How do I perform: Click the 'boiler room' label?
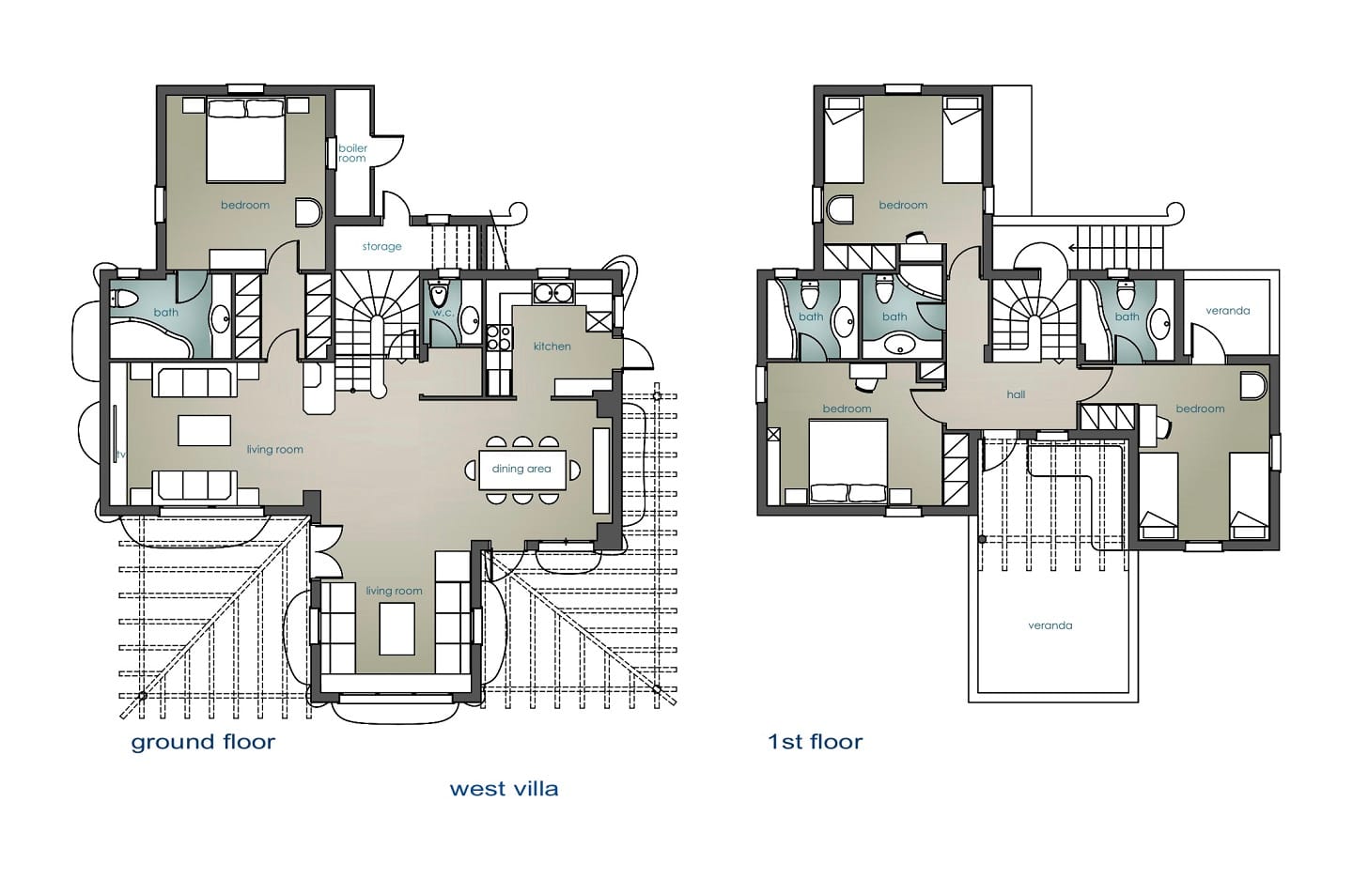point(352,153)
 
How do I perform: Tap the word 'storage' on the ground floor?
point(381,246)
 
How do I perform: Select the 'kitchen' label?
point(552,346)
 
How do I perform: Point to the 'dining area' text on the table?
point(521,469)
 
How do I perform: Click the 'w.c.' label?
point(443,313)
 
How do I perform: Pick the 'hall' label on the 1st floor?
point(1016,394)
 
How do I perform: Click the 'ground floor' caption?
point(203,742)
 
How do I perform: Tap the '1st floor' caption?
point(815,741)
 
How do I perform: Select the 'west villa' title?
point(504,789)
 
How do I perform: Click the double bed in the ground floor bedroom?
point(245,140)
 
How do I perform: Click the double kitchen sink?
point(552,293)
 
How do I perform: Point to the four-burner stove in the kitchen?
point(499,338)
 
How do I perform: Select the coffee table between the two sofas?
point(204,430)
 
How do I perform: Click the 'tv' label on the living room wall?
point(121,454)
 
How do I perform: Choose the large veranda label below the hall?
point(1050,625)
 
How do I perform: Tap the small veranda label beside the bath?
point(1227,310)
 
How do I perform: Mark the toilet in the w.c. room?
point(438,295)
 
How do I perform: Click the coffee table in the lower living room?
point(397,628)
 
